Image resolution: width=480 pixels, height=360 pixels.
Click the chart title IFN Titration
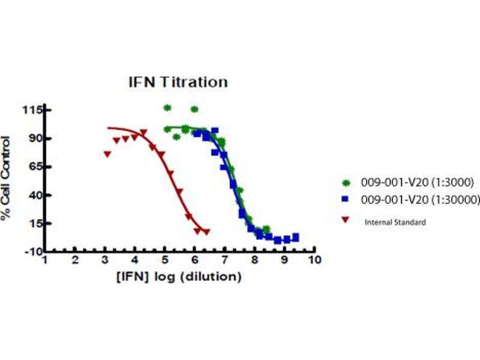[178, 82]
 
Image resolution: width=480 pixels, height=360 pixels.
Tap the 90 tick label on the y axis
[34, 138]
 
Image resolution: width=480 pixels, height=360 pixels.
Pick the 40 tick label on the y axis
[34, 195]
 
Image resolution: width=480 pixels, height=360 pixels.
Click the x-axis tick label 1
[45, 260]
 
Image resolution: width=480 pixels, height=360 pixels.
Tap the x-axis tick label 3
[105, 260]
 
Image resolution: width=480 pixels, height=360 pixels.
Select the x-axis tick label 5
[165, 260]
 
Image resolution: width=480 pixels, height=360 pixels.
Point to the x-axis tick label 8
[254, 260]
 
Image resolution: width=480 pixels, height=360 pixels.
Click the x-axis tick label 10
[314, 260]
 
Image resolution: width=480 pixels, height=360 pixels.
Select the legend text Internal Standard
[395, 222]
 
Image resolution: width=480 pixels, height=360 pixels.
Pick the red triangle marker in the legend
[346, 221]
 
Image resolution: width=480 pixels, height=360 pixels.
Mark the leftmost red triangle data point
[107, 154]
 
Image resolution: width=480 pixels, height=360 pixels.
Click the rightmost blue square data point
[295, 237]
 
